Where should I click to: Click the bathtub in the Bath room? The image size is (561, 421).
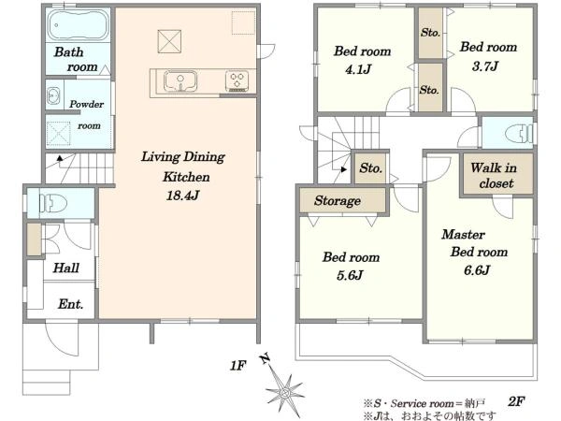pos(79,24)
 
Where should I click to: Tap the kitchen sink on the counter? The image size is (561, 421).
pos(180,81)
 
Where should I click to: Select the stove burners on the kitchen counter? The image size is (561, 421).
pos(237,81)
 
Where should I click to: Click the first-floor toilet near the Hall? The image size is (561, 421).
pos(53,203)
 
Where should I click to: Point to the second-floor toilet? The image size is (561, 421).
pos(519,133)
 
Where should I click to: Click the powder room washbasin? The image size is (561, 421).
pos(53,96)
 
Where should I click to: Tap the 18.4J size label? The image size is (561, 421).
pos(182,196)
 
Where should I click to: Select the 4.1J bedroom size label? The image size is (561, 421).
pos(358,69)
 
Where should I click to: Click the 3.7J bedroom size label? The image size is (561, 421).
pos(485,66)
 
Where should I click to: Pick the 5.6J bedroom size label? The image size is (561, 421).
pos(350,275)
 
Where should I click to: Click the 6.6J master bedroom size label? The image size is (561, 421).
pos(477,270)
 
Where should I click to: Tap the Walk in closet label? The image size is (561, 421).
pos(494,176)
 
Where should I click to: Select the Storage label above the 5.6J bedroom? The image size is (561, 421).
pos(338,201)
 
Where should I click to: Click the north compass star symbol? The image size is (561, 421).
pos(285,393)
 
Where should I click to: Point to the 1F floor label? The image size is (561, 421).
pos(237,366)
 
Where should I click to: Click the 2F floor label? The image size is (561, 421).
pos(516,401)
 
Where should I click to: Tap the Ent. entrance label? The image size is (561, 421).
pos(70,304)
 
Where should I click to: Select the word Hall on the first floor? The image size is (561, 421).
pos(66,268)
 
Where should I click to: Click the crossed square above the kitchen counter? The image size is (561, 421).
pos(169,41)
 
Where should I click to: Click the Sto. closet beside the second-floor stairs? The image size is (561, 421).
pos(370,167)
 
